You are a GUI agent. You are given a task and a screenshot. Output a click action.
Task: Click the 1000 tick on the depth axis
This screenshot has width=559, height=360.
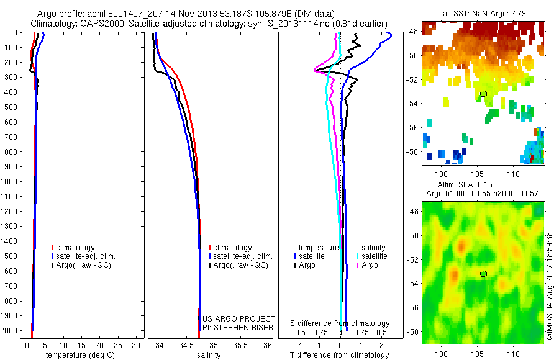coord(12,182)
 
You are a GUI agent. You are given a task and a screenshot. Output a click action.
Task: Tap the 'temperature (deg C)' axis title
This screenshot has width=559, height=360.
coord(78,355)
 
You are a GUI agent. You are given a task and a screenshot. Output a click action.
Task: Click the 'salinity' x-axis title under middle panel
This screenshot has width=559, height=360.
coord(209,355)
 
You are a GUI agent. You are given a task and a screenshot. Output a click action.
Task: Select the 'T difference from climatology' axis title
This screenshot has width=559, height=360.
coord(339,355)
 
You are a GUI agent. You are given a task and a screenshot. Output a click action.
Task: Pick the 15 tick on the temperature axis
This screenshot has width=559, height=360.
coord(80,345)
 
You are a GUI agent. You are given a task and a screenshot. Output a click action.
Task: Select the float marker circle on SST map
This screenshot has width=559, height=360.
coord(483,94)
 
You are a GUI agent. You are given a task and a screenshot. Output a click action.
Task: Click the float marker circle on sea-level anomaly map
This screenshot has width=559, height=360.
coord(483,274)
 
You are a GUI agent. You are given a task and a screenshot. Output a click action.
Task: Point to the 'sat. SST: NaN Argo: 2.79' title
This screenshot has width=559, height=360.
coord(482,12)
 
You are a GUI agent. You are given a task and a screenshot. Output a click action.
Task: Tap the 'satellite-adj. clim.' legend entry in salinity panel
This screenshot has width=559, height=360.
coord(243,256)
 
